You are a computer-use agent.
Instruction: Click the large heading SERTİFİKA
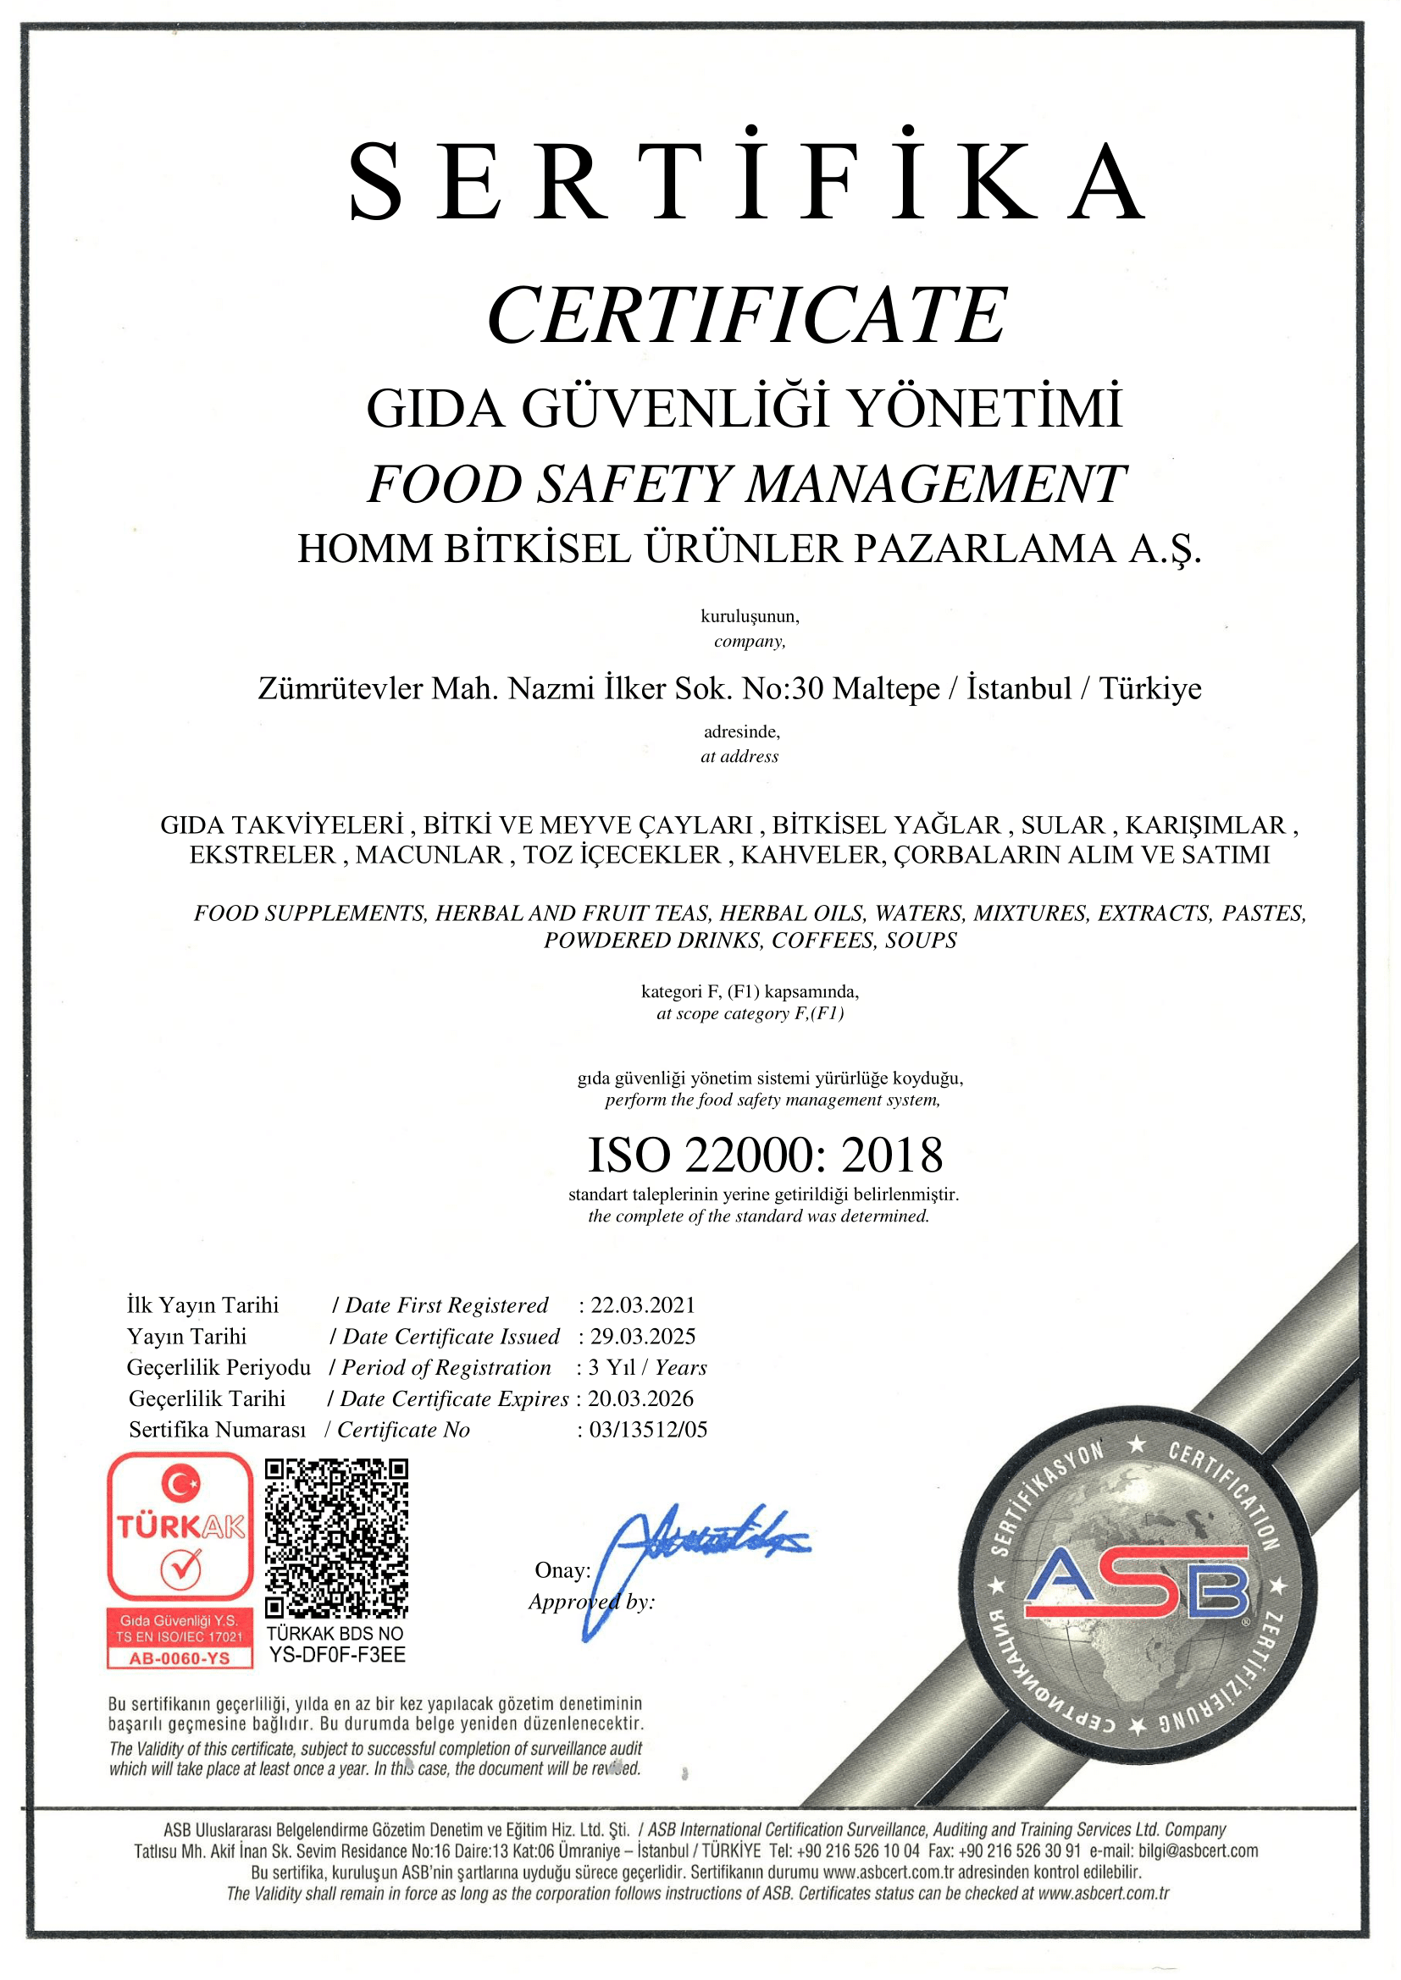point(747,183)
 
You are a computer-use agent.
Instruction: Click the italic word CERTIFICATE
point(747,315)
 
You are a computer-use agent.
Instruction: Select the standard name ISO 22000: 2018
point(765,1155)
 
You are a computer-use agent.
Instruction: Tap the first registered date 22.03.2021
point(643,1305)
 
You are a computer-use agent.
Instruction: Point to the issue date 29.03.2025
point(643,1337)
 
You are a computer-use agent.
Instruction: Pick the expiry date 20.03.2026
point(641,1398)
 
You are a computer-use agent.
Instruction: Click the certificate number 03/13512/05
point(648,1430)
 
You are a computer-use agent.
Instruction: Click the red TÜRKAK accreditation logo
point(180,1527)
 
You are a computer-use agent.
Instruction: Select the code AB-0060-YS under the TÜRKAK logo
point(180,1658)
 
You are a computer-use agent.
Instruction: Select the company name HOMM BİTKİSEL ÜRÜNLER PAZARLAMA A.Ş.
point(749,549)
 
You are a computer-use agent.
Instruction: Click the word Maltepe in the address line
point(886,688)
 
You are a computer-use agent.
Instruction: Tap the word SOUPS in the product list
point(921,940)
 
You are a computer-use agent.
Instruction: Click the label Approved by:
point(592,1602)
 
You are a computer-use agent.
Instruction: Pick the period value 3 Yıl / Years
point(648,1368)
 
